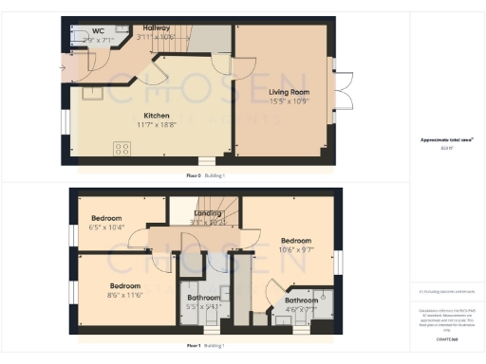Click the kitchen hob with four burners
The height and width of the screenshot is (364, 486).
click(122, 148)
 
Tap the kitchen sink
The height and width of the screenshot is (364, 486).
click(93, 92)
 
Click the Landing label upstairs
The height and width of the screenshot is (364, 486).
click(207, 213)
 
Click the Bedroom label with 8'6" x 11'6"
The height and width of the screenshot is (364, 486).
click(125, 285)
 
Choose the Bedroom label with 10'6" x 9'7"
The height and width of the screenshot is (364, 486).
click(295, 241)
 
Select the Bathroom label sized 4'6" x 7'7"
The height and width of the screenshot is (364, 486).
click(302, 300)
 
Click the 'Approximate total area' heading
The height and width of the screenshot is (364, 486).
click(446, 140)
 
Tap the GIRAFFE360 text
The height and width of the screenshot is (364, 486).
click(447, 337)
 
